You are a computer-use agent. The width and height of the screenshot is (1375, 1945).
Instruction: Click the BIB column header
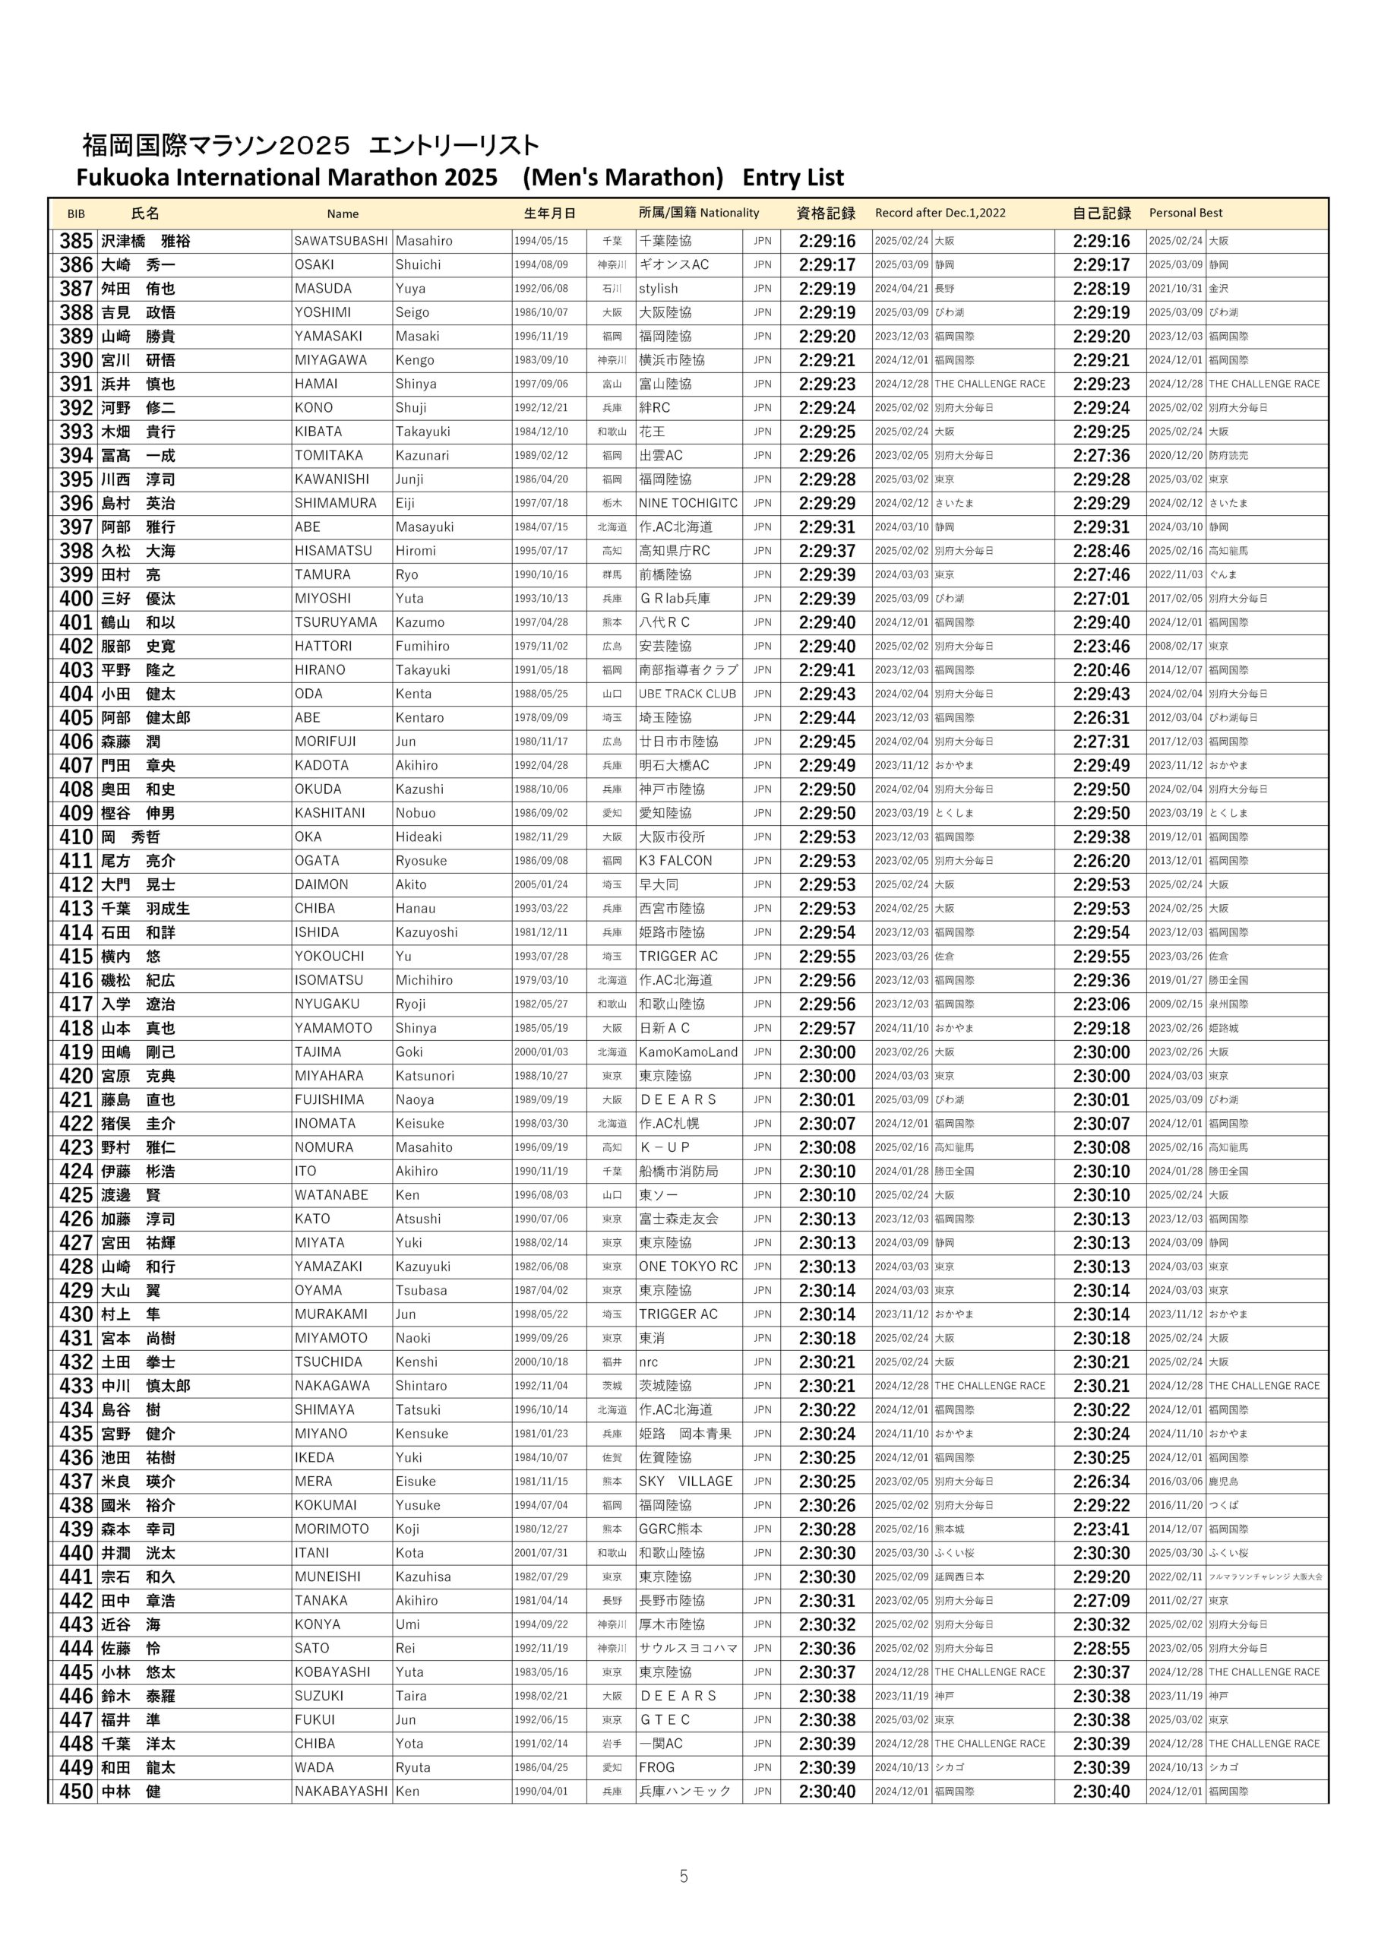[76, 213]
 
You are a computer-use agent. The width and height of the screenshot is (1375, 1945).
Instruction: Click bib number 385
[75, 241]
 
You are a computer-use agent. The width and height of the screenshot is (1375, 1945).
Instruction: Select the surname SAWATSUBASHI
[340, 242]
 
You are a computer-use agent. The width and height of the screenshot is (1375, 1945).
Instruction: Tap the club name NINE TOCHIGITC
[688, 503]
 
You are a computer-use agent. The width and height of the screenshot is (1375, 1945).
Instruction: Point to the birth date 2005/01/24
[541, 884]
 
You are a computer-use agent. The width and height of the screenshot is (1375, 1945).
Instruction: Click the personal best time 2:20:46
[1101, 670]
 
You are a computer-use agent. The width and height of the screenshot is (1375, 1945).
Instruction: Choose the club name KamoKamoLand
[688, 1052]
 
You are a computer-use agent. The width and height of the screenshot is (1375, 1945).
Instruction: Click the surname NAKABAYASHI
[340, 1792]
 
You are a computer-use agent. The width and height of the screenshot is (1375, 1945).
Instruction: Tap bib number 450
[75, 1792]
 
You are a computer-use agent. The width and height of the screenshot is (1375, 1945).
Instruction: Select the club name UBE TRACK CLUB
[687, 694]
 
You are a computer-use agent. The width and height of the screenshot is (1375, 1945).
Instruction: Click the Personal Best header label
[1185, 213]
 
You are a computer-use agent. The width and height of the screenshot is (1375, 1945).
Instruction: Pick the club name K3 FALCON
[675, 861]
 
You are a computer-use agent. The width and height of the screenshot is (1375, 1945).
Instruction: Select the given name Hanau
[415, 909]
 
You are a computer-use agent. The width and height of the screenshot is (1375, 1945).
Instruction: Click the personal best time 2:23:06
[1101, 1004]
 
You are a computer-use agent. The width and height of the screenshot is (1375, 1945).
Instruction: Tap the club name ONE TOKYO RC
[688, 1267]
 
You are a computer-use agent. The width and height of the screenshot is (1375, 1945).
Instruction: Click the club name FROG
[656, 1768]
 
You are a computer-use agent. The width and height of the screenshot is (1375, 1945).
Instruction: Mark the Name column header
[343, 214]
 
